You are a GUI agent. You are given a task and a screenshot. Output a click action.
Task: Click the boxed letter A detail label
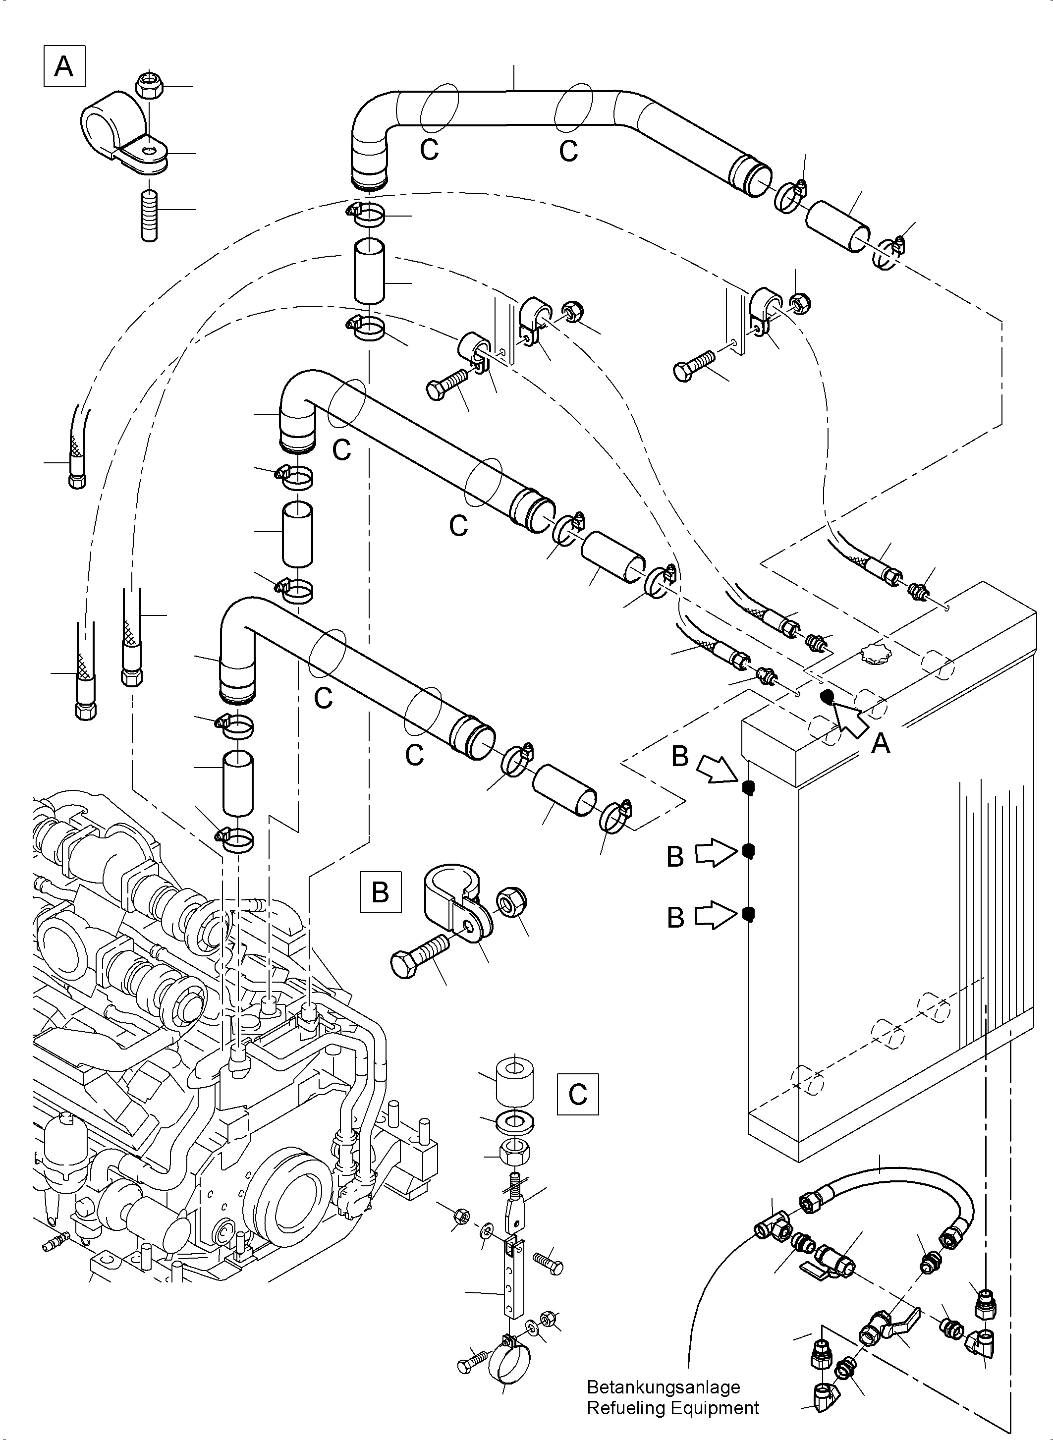pos(64,66)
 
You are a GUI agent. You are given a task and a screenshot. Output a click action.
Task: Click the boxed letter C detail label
pos(577,1095)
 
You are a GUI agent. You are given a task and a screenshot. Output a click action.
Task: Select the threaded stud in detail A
pos(149,215)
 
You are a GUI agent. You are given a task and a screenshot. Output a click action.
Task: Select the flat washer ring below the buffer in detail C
pos(515,1122)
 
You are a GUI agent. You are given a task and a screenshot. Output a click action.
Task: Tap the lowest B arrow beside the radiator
pos(715,917)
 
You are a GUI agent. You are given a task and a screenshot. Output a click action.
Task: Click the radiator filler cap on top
pos(875,653)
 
